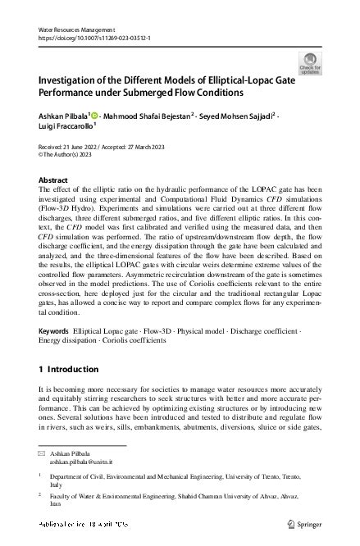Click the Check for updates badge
pos(312,62)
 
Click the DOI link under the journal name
pos(89,38)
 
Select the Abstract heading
pos(54,179)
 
